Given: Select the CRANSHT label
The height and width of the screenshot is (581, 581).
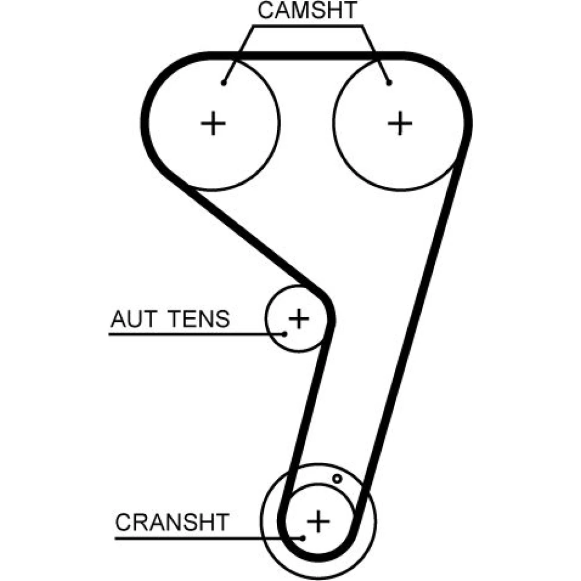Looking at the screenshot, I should pos(173,522).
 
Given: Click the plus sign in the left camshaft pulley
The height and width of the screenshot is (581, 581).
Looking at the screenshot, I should pos(213,123).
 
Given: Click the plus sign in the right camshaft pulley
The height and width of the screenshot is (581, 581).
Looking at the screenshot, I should pos(400,123).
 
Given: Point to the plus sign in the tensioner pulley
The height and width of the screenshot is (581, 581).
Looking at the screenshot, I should pos(299,318).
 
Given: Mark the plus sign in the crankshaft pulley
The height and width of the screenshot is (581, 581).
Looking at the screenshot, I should pos(318,519).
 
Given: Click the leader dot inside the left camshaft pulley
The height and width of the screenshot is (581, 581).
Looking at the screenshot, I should pos(224,83).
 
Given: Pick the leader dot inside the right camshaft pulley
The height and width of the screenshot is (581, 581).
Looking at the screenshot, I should pos(389,83).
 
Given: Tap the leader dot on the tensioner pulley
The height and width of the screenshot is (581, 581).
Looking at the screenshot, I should pos(285,333).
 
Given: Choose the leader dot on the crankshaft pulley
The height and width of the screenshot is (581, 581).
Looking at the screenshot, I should pos(303,538).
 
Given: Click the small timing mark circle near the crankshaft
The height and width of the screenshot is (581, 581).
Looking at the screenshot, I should pos(336,479).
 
